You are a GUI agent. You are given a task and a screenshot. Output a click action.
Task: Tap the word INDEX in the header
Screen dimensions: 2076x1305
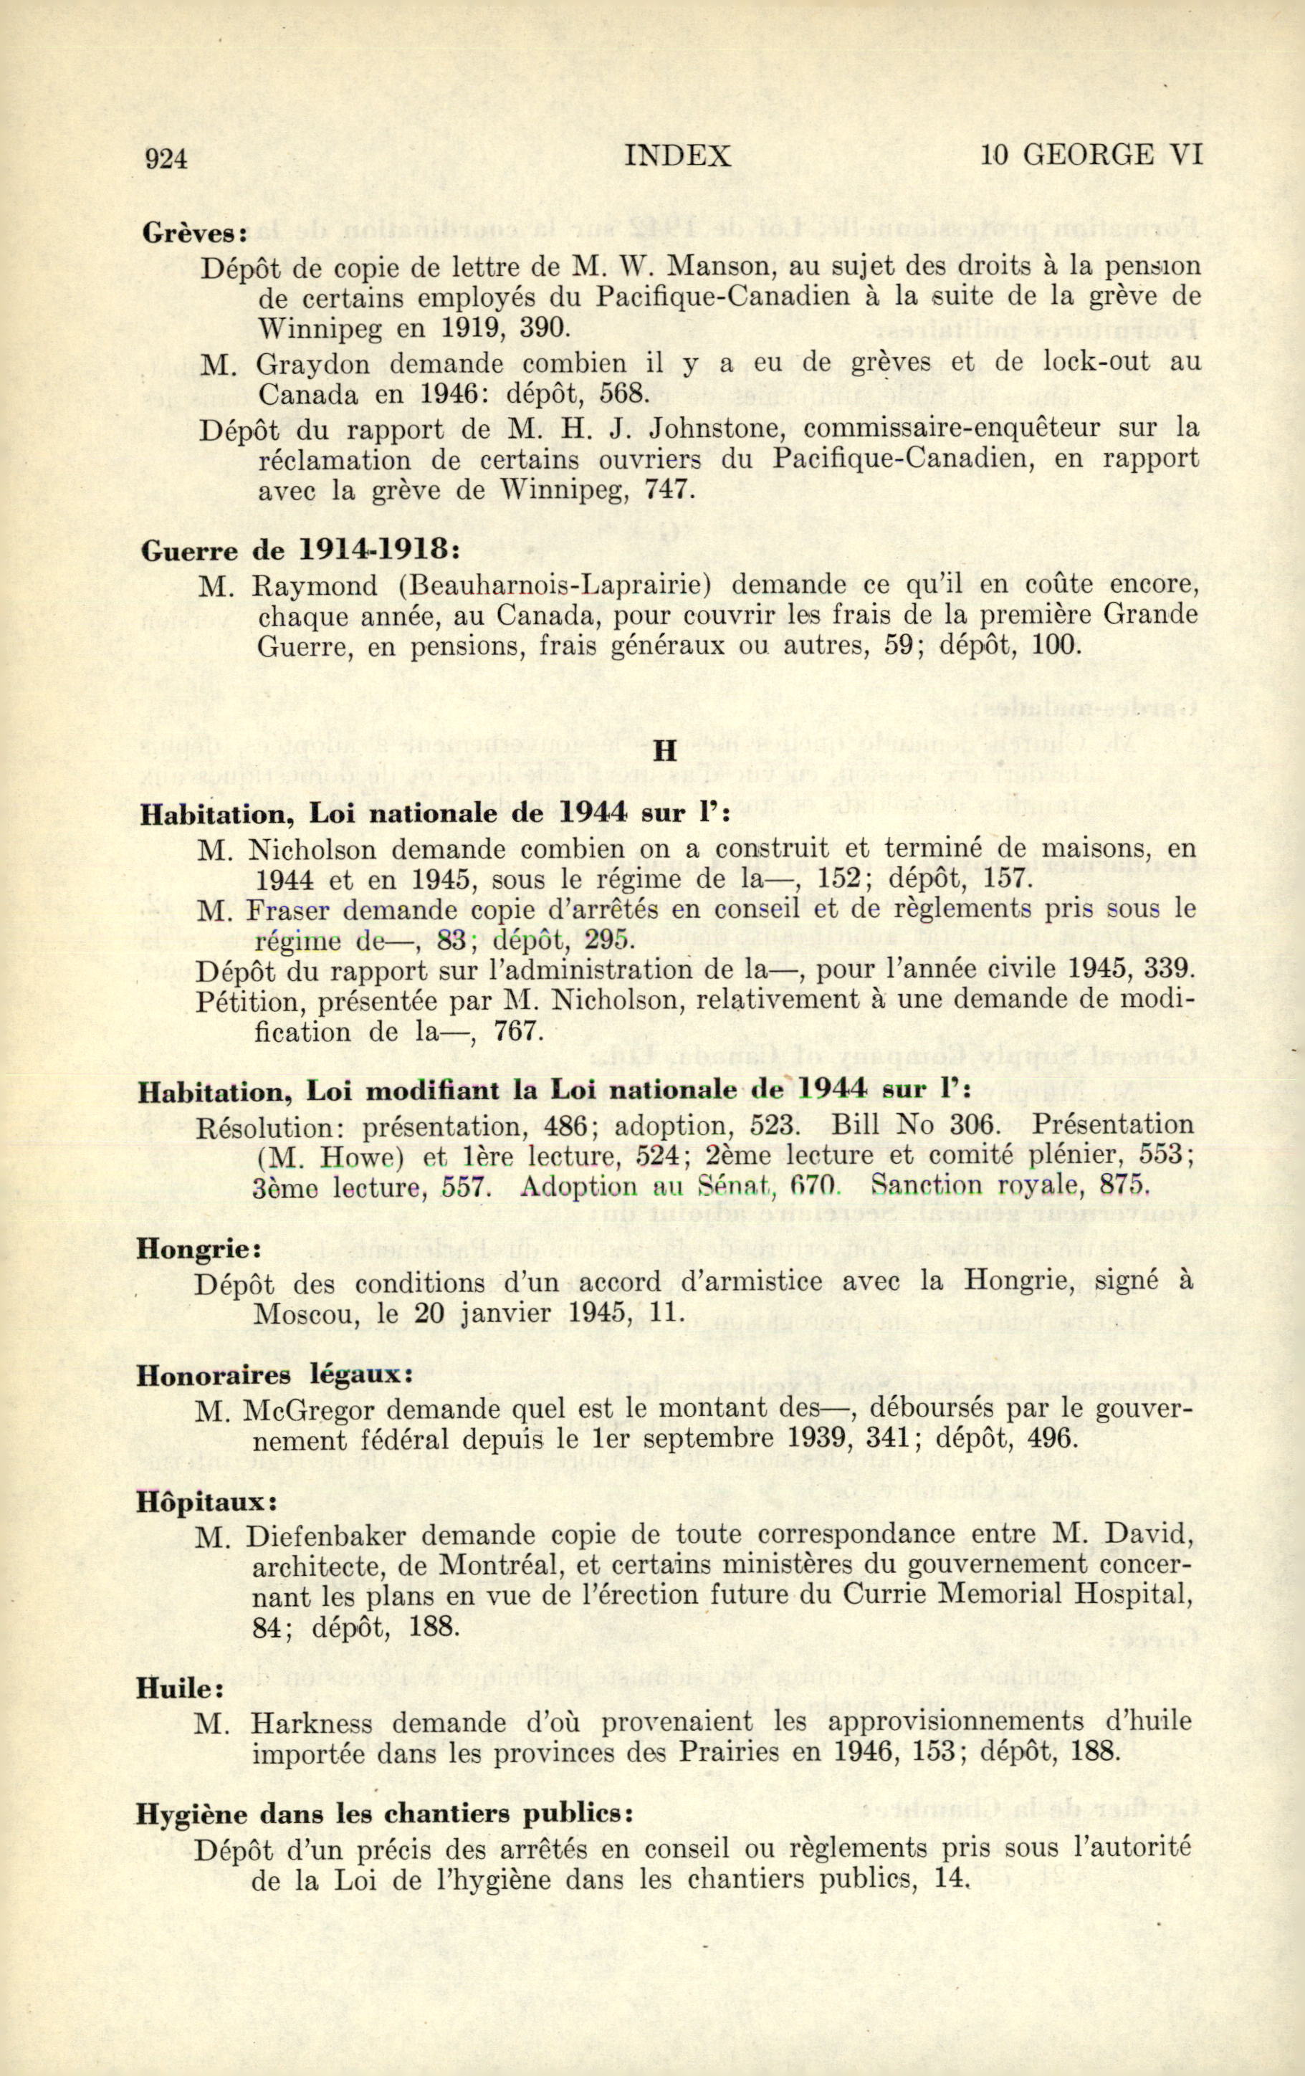677,156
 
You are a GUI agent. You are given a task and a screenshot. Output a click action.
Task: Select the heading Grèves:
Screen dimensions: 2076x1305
195,234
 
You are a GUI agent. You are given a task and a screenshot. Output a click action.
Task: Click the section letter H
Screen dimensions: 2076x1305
663,751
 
